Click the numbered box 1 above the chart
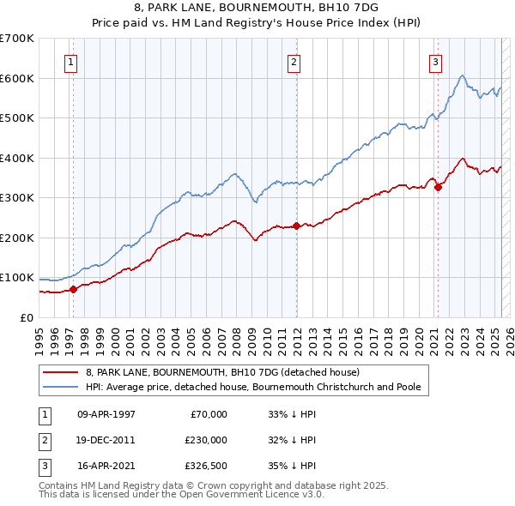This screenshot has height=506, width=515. pyautogui.click(x=70, y=62)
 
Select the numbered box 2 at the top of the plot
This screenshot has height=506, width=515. pyautogui.click(x=294, y=62)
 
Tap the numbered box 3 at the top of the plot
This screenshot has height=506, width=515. pyautogui.click(x=435, y=62)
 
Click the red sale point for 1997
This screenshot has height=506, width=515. pyautogui.click(x=74, y=289)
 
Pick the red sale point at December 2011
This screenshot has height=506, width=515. pyautogui.click(x=297, y=226)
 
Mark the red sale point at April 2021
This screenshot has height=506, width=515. pyautogui.click(x=438, y=187)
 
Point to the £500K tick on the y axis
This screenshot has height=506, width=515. pyautogui.click(x=16, y=117)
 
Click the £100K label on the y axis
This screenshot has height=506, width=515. pyautogui.click(x=16, y=278)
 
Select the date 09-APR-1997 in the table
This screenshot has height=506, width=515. pyautogui.click(x=106, y=414)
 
